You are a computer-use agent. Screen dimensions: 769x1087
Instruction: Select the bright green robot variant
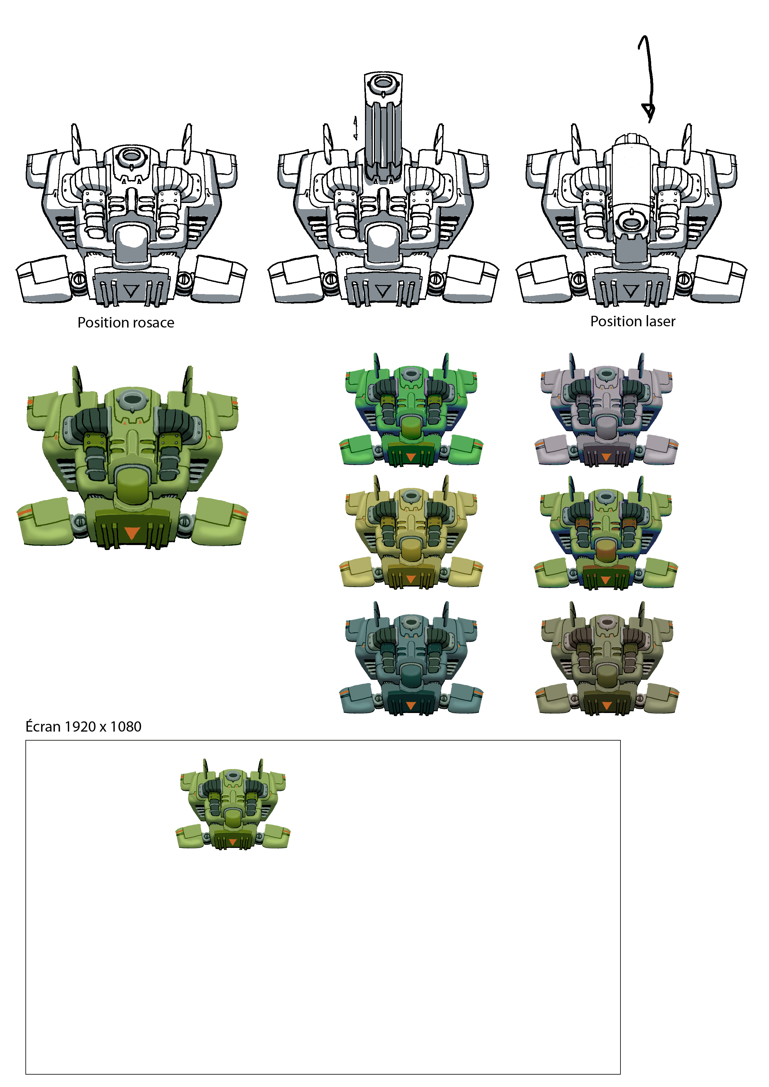pos(411,410)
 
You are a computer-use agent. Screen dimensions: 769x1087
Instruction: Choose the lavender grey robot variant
pos(607,410)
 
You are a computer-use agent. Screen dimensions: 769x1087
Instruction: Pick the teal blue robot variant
pos(411,658)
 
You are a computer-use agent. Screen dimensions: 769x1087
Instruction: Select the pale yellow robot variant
pos(411,533)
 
